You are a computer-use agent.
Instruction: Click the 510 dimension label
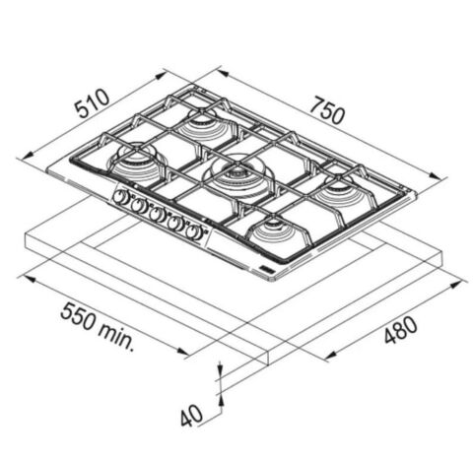tap(92, 102)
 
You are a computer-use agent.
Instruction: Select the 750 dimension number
tap(328, 110)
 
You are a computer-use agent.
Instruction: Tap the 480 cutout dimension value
tap(401, 329)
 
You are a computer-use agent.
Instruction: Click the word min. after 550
tap(116, 337)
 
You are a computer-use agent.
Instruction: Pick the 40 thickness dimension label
tap(191, 415)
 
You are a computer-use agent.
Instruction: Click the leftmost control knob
tap(120, 197)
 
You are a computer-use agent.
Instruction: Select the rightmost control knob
tap(194, 231)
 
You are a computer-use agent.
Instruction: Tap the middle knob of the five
tap(157, 215)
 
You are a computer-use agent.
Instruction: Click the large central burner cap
tap(237, 173)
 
